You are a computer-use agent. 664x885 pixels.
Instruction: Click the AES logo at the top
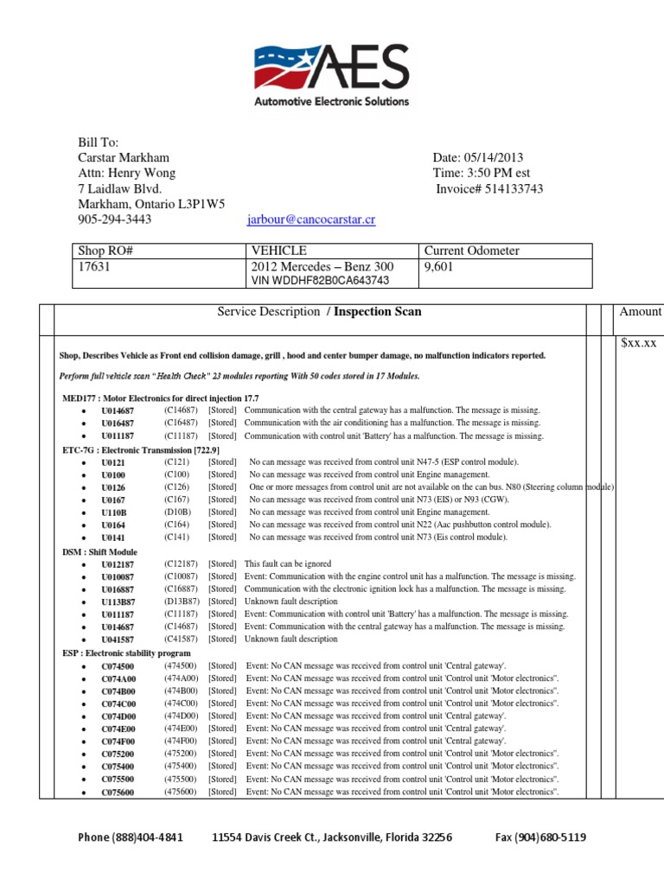(331, 75)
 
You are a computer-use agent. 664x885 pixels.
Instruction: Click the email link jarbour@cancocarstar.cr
(311, 220)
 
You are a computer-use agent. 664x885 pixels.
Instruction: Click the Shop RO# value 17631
(94, 267)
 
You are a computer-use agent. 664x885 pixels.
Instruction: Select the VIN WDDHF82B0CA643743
(320, 280)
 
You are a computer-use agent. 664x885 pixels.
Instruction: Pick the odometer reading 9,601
(438, 267)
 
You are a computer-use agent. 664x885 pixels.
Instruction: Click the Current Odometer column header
(471, 251)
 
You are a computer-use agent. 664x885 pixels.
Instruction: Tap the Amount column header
(640, 311)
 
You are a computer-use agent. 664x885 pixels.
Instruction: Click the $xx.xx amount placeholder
(639, 343)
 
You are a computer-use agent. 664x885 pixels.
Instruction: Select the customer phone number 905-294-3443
(115, 220)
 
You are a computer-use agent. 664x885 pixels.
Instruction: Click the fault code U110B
(113, 512)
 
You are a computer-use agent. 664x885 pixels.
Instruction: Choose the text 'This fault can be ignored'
(288, 563)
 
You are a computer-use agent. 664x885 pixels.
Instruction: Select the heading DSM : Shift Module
(100, 551)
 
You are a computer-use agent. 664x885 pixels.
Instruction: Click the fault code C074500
(118, 665)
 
